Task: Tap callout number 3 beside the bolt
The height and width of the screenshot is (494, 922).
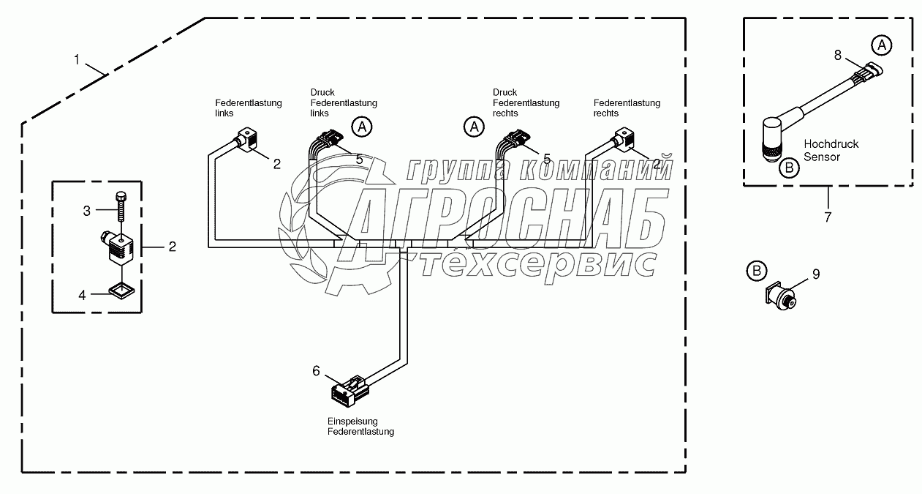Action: point(86,211)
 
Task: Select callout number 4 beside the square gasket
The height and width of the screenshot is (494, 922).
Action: point(83,295)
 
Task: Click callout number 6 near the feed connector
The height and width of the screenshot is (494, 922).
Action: point(316,371)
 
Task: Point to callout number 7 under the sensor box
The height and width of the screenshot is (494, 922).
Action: point(828,217)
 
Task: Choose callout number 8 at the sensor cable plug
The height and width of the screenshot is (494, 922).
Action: point(839,54)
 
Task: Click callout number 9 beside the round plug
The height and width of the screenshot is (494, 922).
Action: point(816,274)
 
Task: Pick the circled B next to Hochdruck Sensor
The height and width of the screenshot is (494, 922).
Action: point(789,168)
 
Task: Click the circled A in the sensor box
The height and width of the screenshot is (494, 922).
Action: point(882,45)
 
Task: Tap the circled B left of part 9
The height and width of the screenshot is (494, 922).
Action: point(757,272)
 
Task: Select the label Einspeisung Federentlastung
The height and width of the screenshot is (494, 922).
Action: point(360,427)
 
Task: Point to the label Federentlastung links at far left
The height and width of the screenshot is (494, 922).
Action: point(247,108)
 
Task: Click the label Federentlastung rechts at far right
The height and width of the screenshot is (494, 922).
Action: point(627,108)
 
